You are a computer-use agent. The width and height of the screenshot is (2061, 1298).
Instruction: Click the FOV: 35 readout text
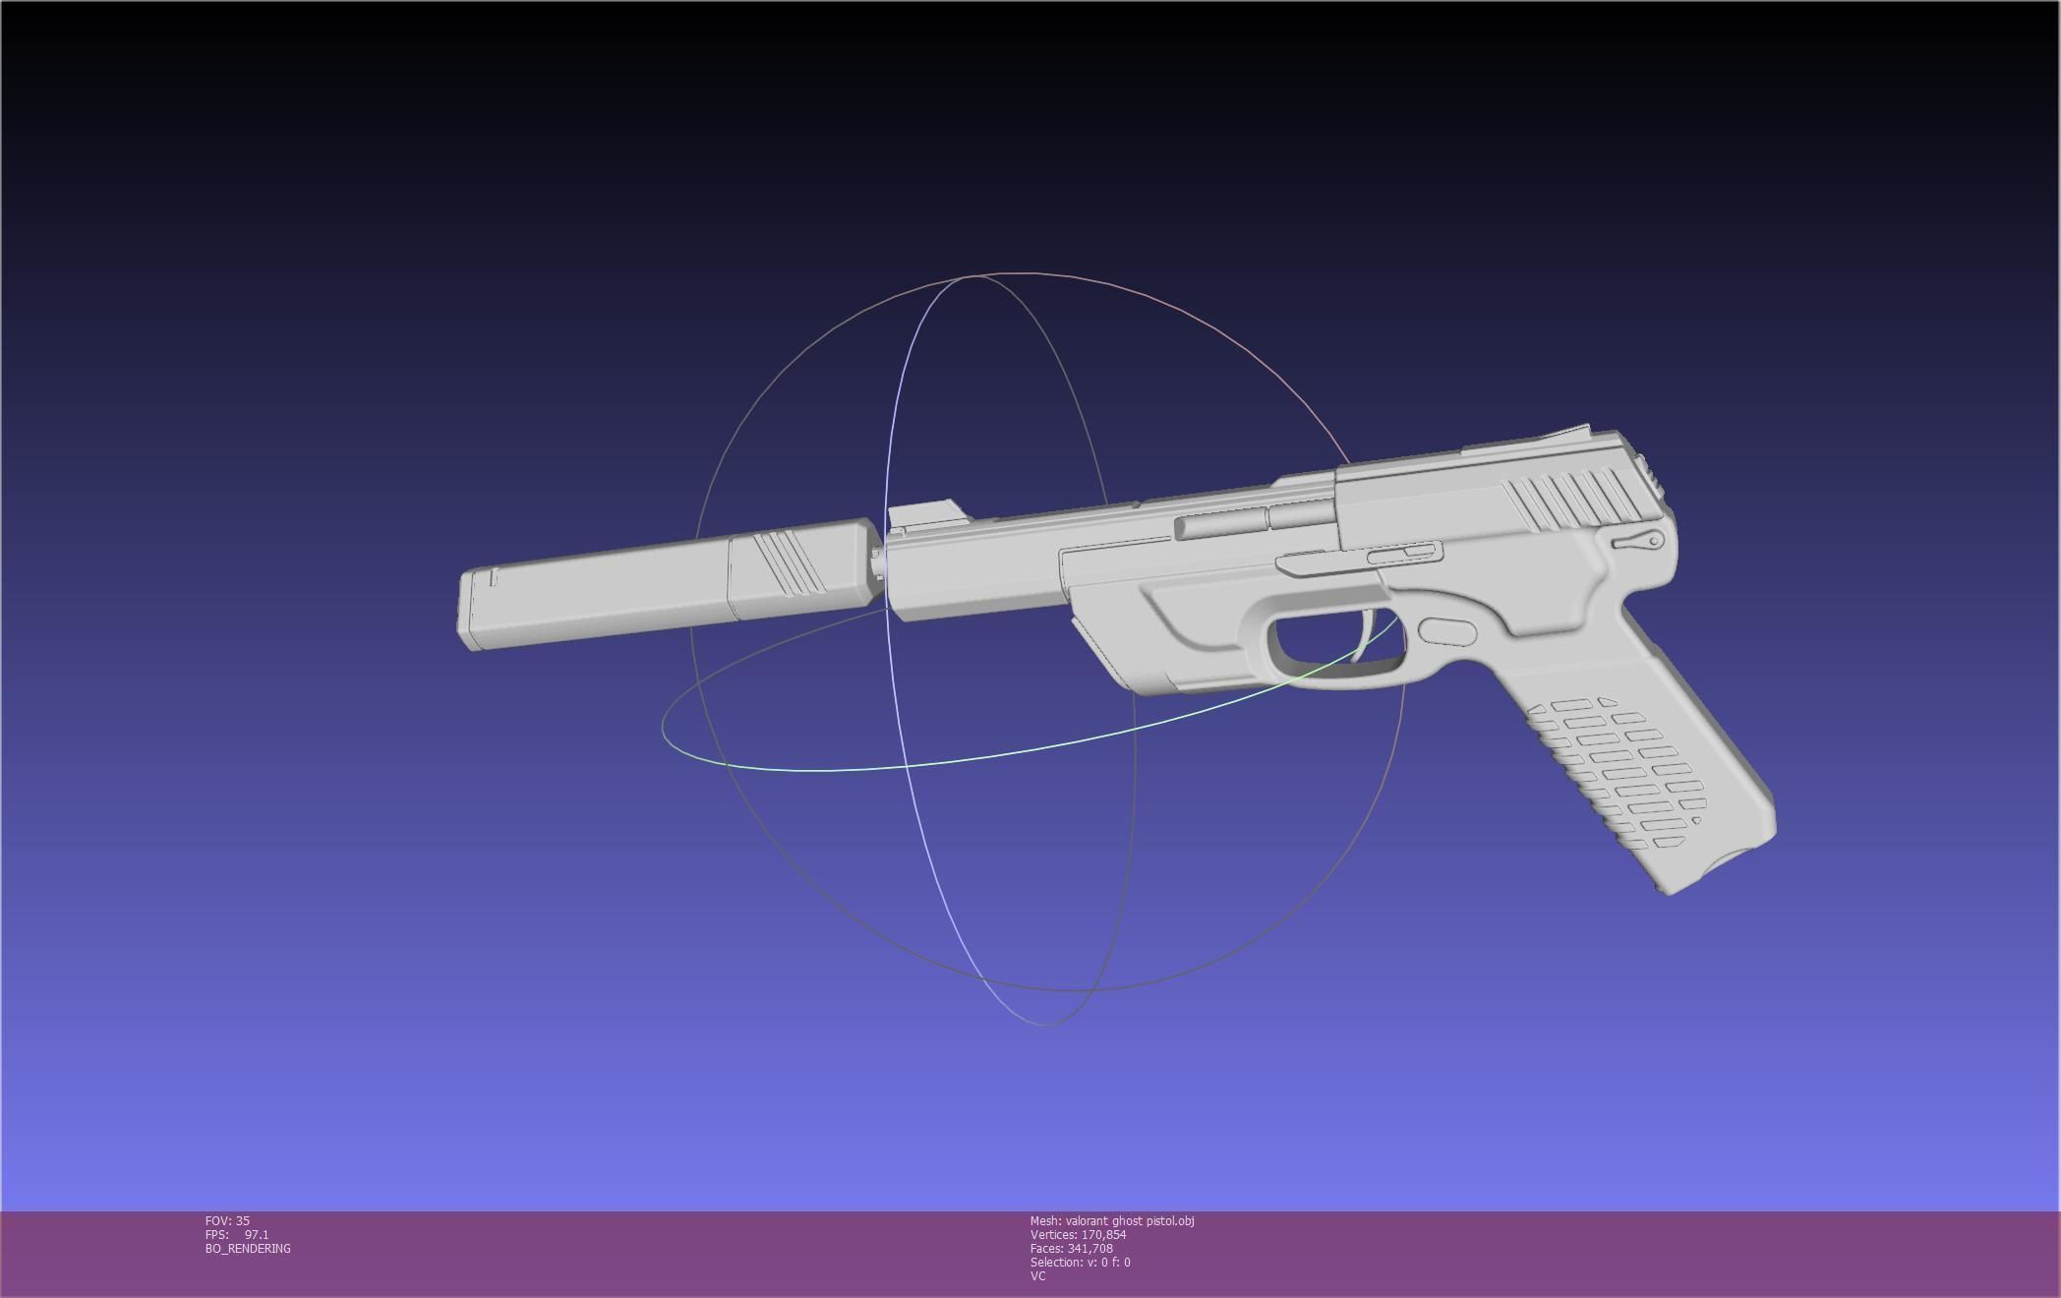pos(227,1220)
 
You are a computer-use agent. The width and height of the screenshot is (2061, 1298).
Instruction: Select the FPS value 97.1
pos(257,1234)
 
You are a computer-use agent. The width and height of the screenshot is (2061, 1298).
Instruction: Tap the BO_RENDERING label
pos(248,1248)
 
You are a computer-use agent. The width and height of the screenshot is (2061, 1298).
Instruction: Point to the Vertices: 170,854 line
pos(1078,1234)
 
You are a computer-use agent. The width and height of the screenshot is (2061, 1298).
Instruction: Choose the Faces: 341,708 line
pos(1071,1248)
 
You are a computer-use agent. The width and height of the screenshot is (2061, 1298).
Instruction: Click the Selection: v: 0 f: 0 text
pos(1080,1262)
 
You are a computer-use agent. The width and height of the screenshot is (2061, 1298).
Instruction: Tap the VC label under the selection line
pos(1037,1275)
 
